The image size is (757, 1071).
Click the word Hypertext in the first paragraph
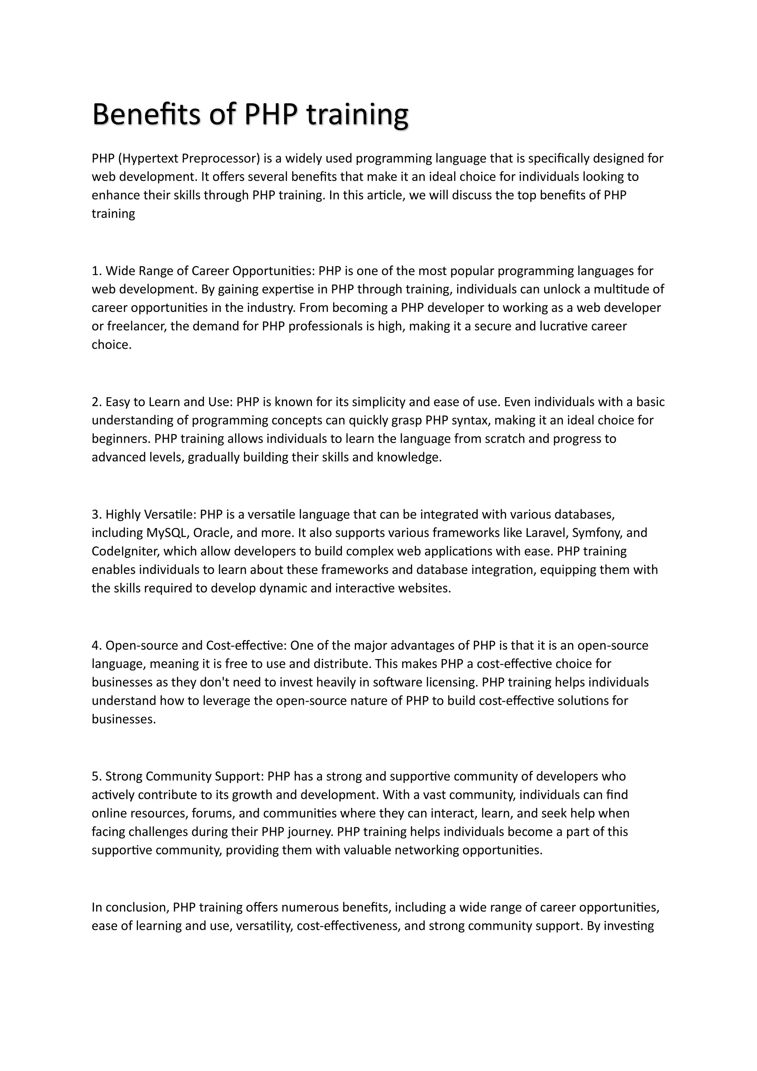[x=150, y=159]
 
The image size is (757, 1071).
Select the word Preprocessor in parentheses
[x=220, y=159]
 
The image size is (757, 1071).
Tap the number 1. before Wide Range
[x=96, y=271]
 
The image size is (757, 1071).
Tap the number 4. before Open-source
[x=96, y=646]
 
